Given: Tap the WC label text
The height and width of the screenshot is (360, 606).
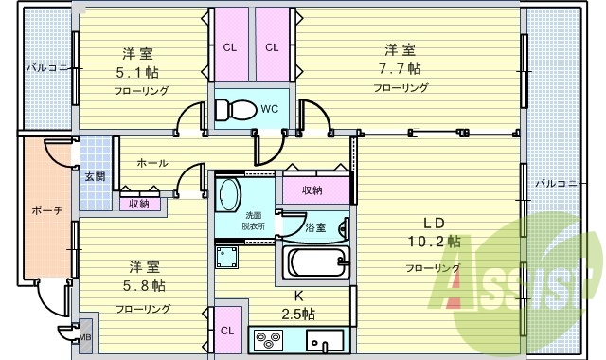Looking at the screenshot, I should point(269,109).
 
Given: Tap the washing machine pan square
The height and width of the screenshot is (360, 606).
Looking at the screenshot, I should point(227,258).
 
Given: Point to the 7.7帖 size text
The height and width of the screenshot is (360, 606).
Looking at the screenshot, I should point(401,68).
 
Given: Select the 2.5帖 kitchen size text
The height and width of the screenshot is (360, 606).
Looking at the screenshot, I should point(298,314).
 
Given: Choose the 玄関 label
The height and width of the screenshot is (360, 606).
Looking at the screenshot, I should point(94,176).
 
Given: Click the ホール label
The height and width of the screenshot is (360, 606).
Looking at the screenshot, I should point(152,163).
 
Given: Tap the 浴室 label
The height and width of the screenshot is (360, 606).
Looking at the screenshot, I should point(315,227).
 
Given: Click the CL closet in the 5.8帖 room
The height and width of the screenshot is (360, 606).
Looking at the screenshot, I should point(228,331).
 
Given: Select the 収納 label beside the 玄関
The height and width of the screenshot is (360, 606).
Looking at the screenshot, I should point(139,203).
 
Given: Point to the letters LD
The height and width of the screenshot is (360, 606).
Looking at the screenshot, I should point(433,223).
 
